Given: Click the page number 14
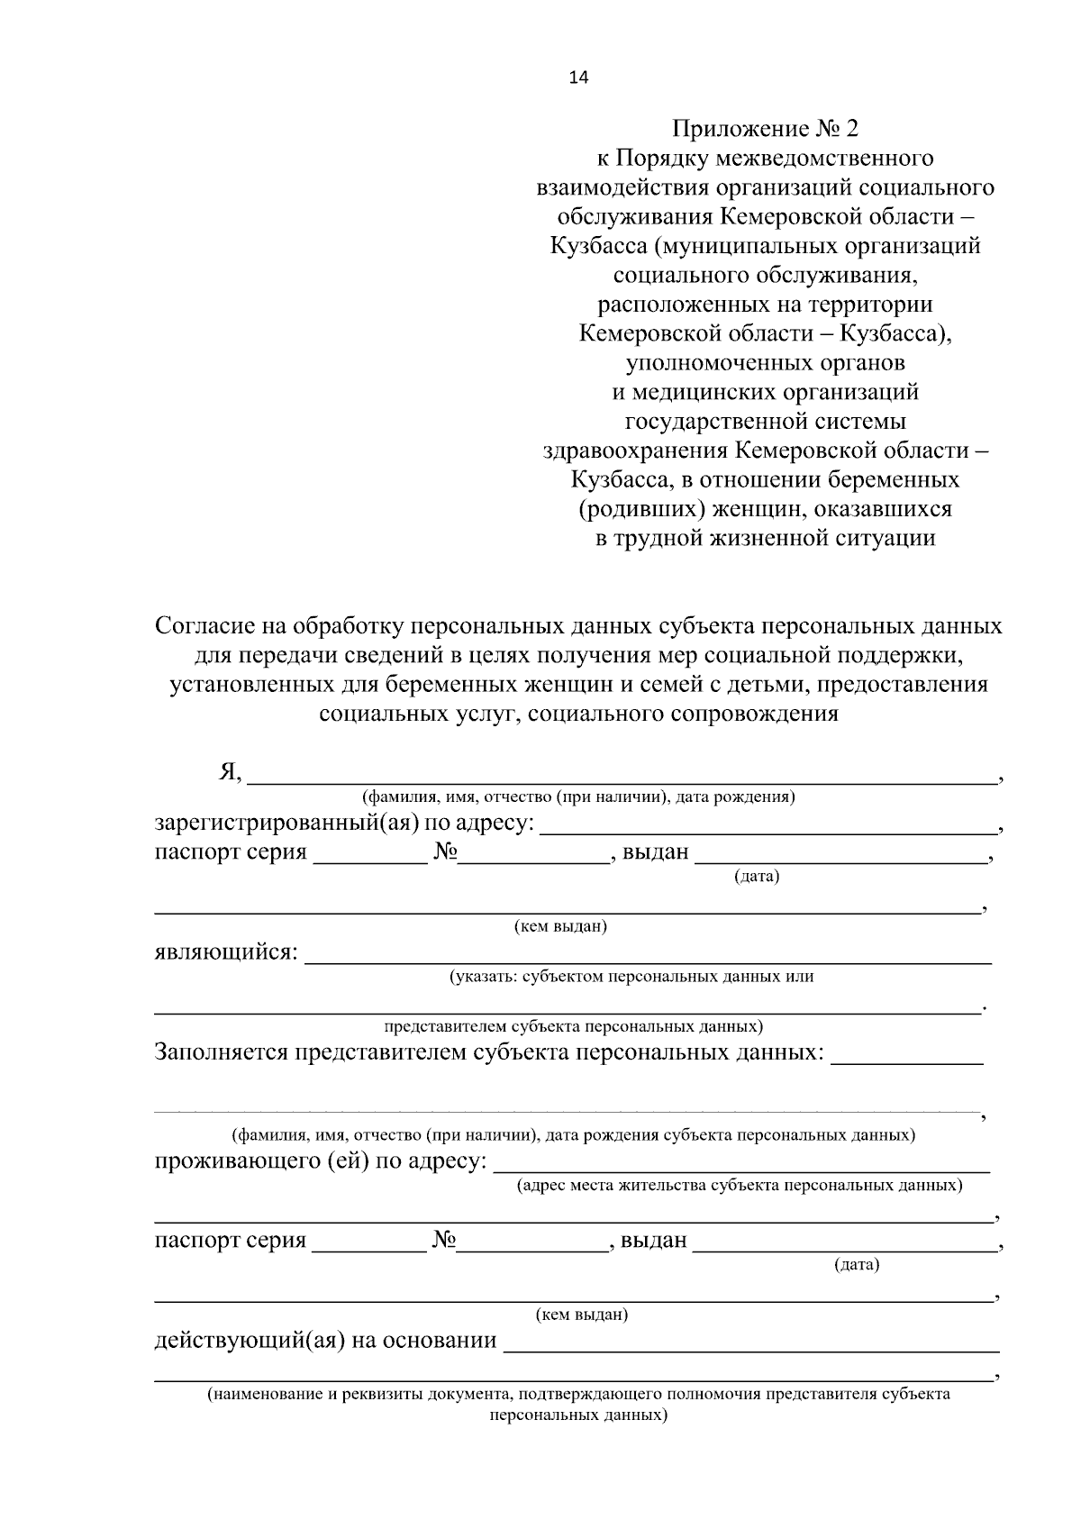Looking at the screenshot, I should [x=577, y=77].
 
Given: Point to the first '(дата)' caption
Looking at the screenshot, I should [x=756, y=876].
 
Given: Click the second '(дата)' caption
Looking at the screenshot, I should [x=856, y=1265].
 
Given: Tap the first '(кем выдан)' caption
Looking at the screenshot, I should [x=559, y=926].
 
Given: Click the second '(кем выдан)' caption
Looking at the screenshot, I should [x=581, y=1315].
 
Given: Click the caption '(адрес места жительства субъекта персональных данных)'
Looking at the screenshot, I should [x=739, y=1186].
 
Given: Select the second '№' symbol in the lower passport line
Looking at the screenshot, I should [x=444, y=1241].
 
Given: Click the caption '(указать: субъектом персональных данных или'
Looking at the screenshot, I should [x=631, y=977].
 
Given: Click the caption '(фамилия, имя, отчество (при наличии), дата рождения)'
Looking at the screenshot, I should [x=577, y=797].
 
